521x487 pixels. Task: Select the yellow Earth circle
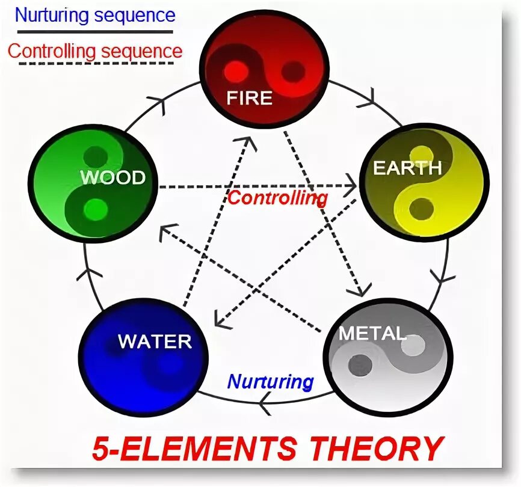[x=424, y=183]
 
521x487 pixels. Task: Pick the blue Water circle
[x=144, y=357]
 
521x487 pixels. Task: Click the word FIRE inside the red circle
[x=249, y=98]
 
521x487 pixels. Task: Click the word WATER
[x=155, y=341]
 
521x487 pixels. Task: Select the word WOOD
[x=113, y=178]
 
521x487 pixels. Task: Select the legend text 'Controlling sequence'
[x=94, y=51]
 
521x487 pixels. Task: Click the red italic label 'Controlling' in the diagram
[x=278, y=197]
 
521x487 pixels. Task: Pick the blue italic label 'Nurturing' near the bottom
[x=271, y=381]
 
